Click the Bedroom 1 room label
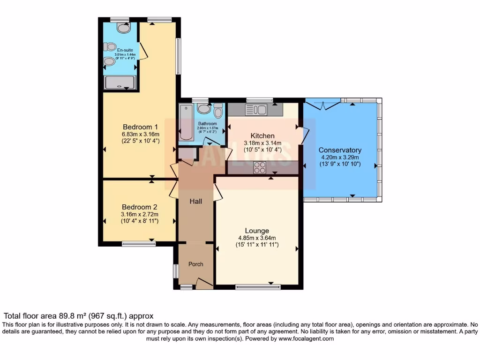pos(140,127)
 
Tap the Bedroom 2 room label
pos(139,207)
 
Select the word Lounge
pos(257,231)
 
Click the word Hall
pos(195,201)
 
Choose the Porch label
pos(195,264)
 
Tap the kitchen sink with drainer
pos(256,110)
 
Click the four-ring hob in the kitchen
pos(259,167)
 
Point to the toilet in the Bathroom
pos(218,111)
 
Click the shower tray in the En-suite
pos(120,82)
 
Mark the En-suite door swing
pos(143,52)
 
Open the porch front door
pos(203,283)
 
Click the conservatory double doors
pos(322,105)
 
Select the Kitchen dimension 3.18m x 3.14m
pos(262,143)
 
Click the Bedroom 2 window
pos(139,244)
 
